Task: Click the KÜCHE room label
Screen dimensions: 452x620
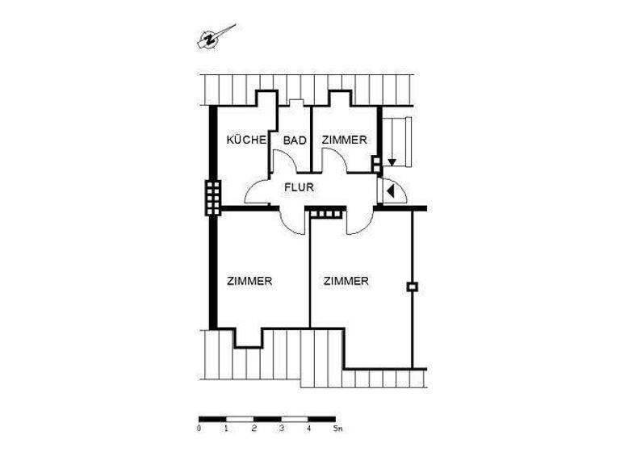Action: [x=246, y=140]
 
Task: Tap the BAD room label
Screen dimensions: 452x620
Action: [x=295, y=140]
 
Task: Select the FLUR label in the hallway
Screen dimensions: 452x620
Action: [x=298, y=188]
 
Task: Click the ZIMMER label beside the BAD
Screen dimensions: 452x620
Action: [x=345, y=140]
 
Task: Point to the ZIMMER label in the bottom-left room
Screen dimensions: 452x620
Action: [x=249, y=282]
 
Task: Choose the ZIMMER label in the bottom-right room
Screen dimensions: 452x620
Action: [x=346, y=282]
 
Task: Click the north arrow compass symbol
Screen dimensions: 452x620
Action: [x=214, y=37]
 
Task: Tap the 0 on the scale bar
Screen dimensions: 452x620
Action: [x=199, y=429]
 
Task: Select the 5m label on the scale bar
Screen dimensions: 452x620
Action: [x=337, y=429]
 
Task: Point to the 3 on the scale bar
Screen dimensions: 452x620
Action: [x=281, y=429]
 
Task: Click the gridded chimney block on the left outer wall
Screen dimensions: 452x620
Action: [x=212, y=196]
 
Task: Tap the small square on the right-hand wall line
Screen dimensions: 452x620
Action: [x=412, y=286]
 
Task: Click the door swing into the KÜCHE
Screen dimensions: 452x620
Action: [x=257, y=194]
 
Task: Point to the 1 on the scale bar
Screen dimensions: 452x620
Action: [x=226, y=429]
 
